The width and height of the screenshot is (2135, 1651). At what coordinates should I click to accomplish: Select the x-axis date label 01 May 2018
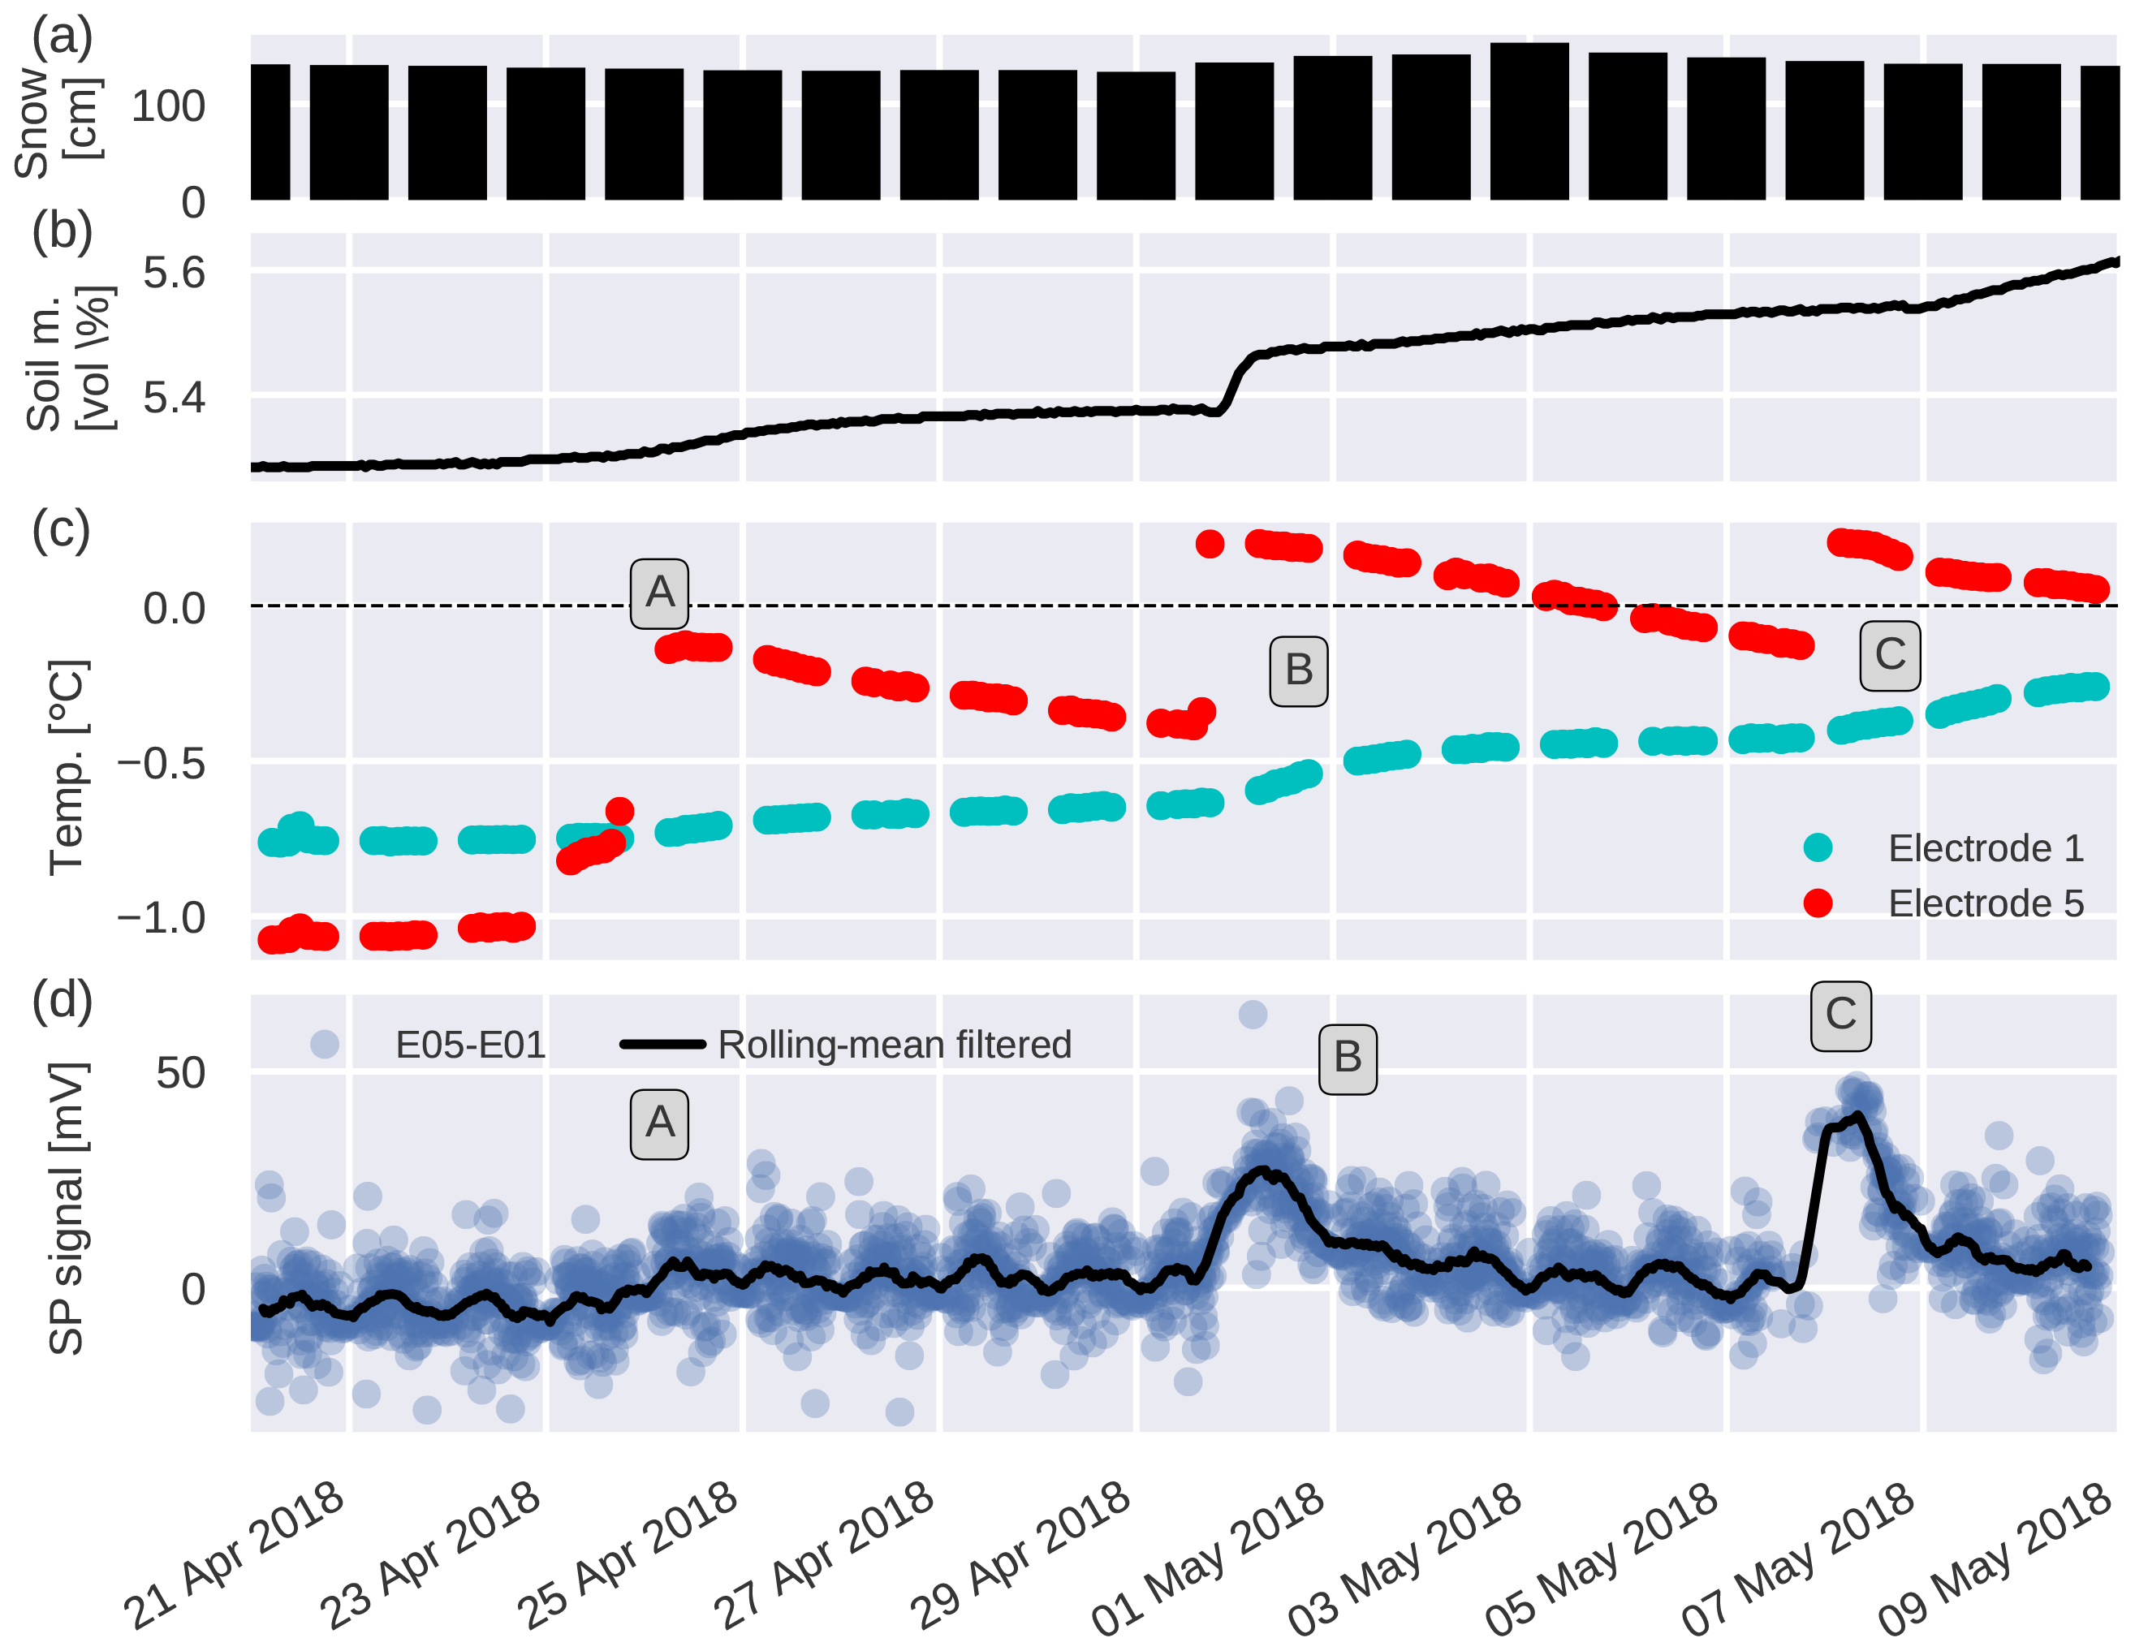tap(1210, 1559)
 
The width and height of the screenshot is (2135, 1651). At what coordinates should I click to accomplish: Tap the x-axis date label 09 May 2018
tap(1996, 1559)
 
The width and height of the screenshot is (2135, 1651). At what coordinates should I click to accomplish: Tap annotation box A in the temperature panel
tap(660, 593)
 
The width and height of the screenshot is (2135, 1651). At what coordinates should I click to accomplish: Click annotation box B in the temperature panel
tap(1298, 671)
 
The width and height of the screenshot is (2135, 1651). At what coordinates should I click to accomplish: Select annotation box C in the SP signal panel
tap(1841, 1015)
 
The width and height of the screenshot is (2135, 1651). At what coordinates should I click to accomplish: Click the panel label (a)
tap(62, 37)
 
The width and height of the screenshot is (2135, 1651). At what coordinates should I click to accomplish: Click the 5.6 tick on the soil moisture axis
tap(174, 274)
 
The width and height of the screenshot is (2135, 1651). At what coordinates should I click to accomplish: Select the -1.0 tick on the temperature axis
tap(162, 919)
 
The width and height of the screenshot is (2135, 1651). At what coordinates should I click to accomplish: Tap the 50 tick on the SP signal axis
tap(181, 1073)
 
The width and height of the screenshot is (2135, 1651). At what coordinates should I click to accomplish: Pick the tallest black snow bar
tap(1529, 123)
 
